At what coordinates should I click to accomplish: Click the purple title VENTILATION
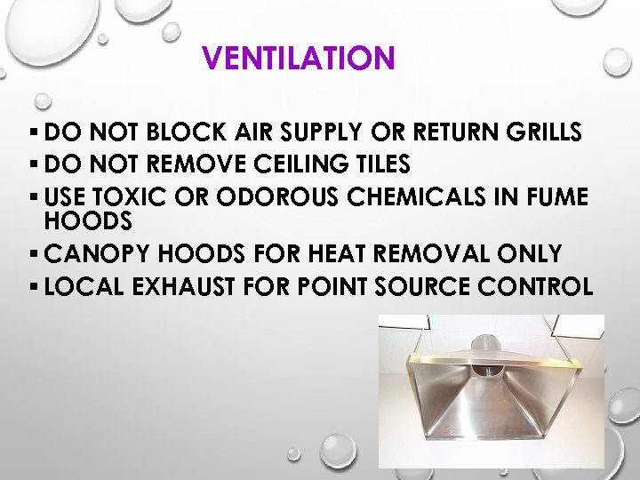coord(298,59)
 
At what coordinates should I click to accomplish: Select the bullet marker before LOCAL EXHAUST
coord(33,285)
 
